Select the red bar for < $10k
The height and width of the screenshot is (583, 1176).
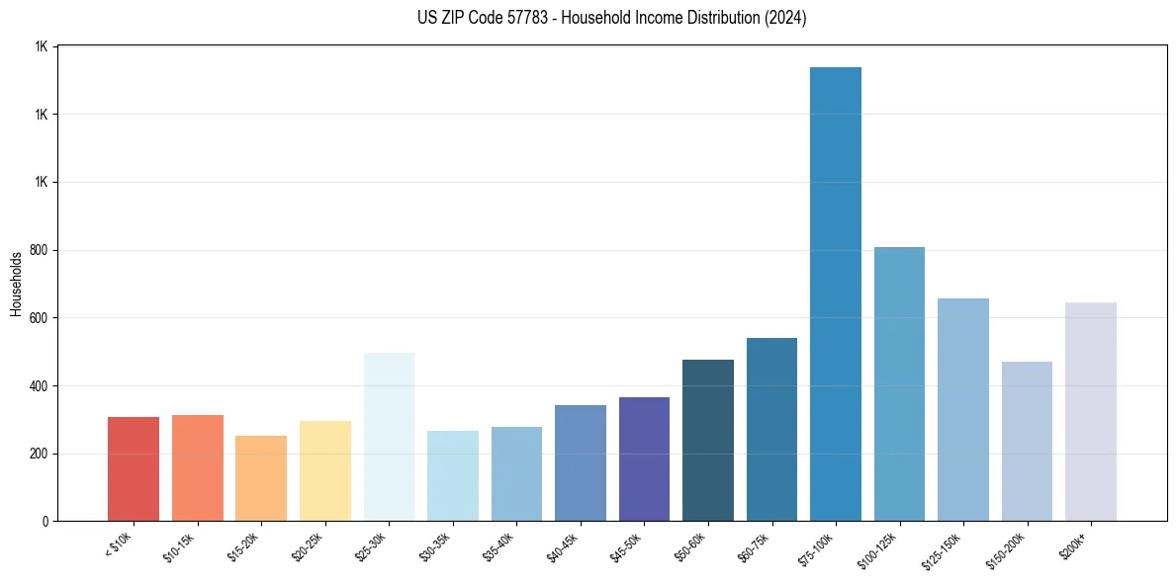click(134, 468)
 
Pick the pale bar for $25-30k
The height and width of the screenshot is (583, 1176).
click(389, 436)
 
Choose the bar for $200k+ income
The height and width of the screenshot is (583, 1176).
click(1090, 411)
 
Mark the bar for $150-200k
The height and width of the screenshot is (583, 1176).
click(1027, 441)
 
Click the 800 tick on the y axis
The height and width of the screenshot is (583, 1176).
click(39, 250)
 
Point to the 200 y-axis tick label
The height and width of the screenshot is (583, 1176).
click(39, 454)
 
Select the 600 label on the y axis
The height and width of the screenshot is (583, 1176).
click(39, 318)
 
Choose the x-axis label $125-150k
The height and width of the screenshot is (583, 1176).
click(946, 549)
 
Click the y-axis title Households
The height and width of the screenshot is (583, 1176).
click(17, 284)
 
